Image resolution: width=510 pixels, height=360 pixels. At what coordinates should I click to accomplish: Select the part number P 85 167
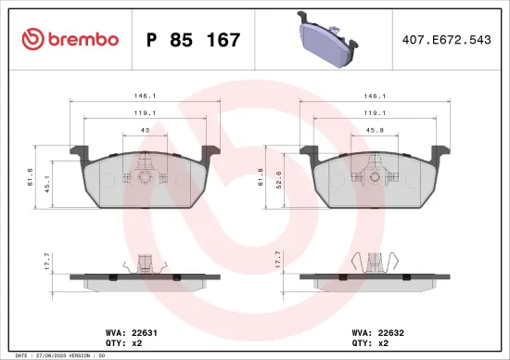[x=194, y=40]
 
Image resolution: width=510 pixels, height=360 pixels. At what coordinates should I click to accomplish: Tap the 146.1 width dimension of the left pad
[x=146, y=96]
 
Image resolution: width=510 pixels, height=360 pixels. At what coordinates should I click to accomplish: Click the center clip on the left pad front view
[x=144, y=174]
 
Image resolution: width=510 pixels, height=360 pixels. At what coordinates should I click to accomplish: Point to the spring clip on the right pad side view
[x=375, y=264]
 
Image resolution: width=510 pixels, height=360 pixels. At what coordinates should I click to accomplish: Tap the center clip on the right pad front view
[x=376, y=174]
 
